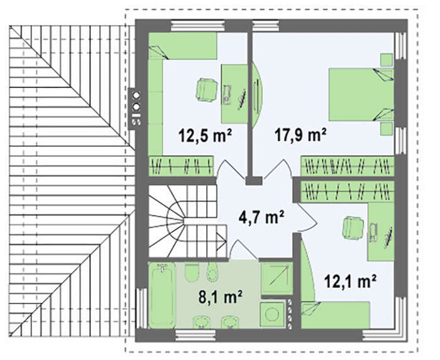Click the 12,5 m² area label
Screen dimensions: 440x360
[x=205, y=136]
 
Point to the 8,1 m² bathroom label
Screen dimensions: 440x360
[x=220, y=297]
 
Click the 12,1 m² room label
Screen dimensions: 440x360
[x=350, y=281]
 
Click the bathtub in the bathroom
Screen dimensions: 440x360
[x=162, y=295]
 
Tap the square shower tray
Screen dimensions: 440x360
[x=277, y=278]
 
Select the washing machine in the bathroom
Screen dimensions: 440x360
[x=272, y=314]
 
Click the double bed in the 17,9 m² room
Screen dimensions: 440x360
[x=361, y=94]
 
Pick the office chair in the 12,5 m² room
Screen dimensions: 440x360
[x=206, y=89]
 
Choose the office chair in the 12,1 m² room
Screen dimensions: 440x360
[x=353, y=229]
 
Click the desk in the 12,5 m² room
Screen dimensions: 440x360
[x=234, y=94]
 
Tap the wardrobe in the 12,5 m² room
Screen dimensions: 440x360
[x=181, y=166]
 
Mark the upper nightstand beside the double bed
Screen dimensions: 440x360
[x=387, y=60]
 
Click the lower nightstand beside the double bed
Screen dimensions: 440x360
[x=387, y=129]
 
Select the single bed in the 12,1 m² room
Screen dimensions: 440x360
[x=335, y=315]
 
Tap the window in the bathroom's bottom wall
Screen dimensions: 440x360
[x=195, y=335]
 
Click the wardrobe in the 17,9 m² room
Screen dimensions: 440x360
[x=348, y=166]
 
